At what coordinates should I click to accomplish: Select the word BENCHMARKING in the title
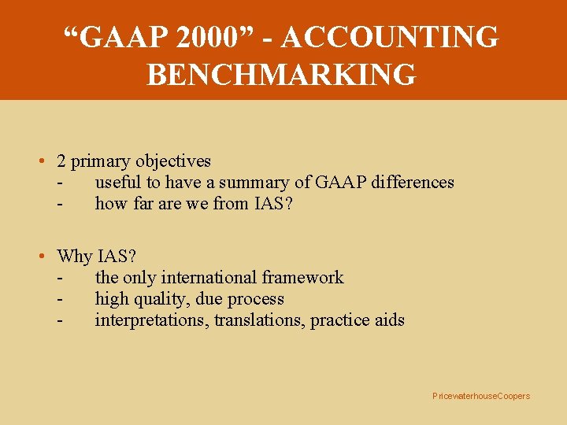[x=281, y=75]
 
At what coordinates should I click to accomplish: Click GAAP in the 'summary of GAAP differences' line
[x=334, y=183]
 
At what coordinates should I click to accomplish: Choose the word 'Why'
[x=75, y=257]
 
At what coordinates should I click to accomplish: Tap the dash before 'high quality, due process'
[x=60, y=299]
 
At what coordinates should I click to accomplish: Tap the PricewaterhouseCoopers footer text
[x=481, y=396]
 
